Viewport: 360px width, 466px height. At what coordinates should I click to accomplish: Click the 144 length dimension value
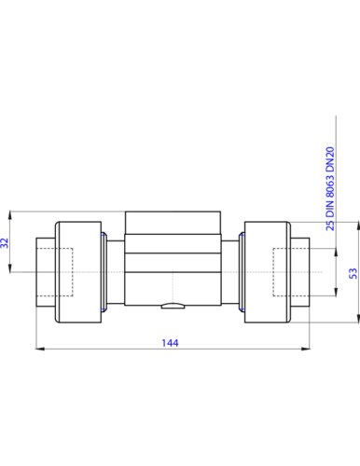[170, 343]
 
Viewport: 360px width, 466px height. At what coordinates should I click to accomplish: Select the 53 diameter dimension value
[353, 273]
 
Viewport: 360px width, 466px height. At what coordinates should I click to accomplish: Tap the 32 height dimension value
[5, 242]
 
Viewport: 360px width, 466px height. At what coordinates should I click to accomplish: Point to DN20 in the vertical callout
[330, 160]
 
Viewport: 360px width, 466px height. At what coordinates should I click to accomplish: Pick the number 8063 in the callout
[330, 186]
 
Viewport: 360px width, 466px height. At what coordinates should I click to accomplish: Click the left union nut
[78, 272]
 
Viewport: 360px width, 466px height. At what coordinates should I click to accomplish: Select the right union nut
[268, 272]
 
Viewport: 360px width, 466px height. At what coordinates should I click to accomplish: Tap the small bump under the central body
[173, 307]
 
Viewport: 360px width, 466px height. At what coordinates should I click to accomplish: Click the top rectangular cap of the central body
[173, 223]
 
